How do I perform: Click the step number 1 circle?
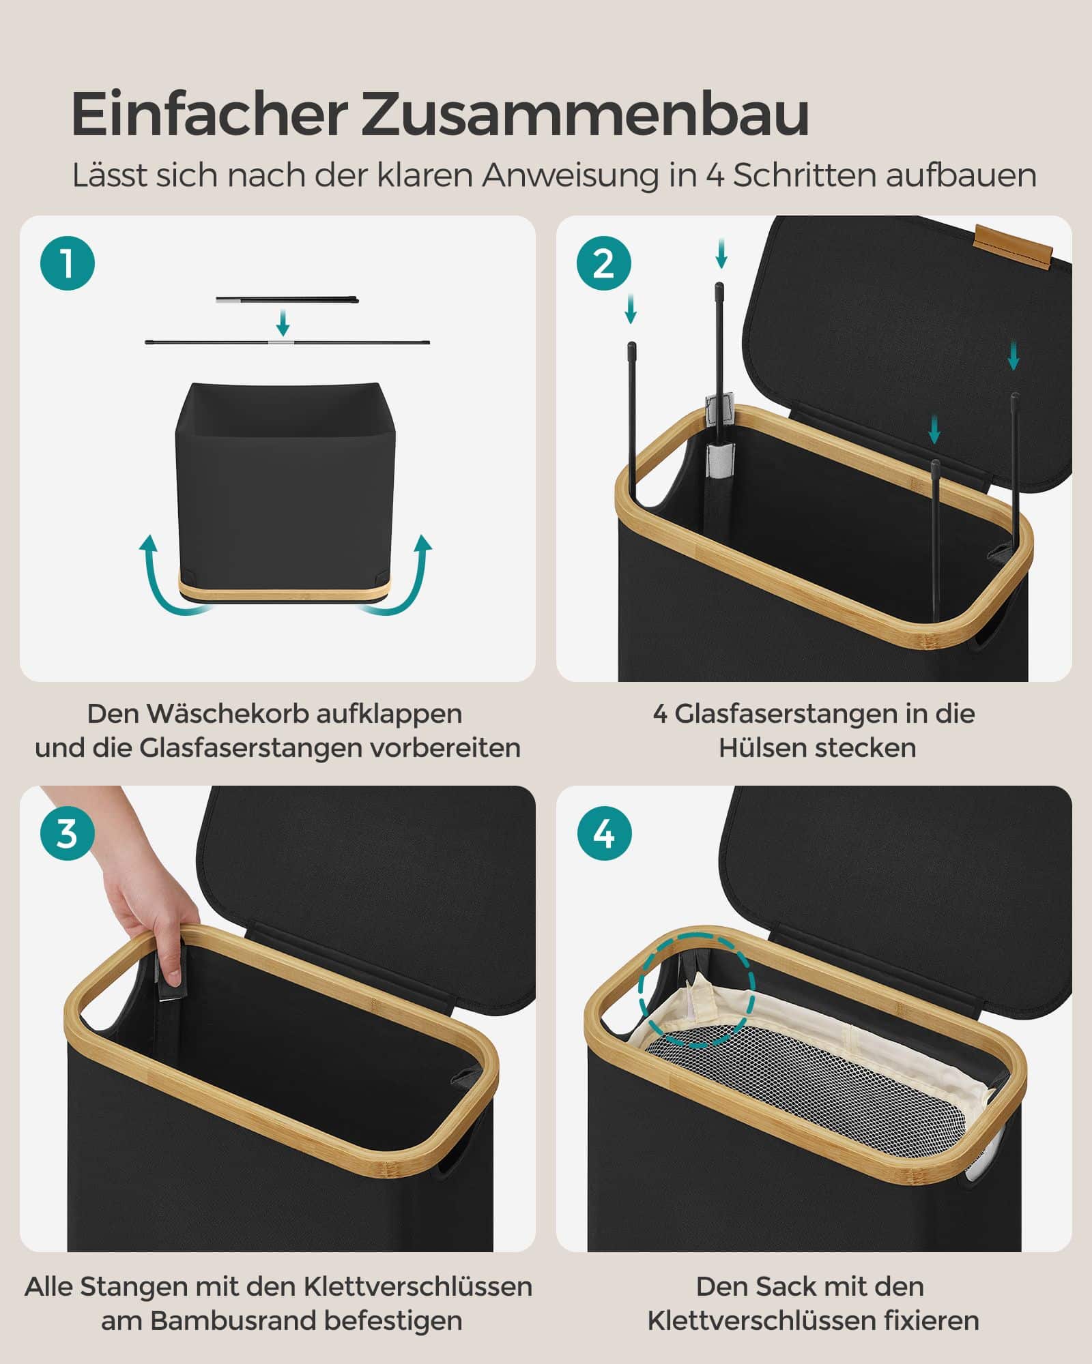(67, 263)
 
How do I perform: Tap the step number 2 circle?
(603, 263)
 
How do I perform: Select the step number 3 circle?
(67, 833)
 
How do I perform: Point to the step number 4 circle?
(603, 833)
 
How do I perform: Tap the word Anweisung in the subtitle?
(571, 175)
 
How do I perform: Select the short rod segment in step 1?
(287, 299)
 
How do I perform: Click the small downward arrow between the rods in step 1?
(283, 321)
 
